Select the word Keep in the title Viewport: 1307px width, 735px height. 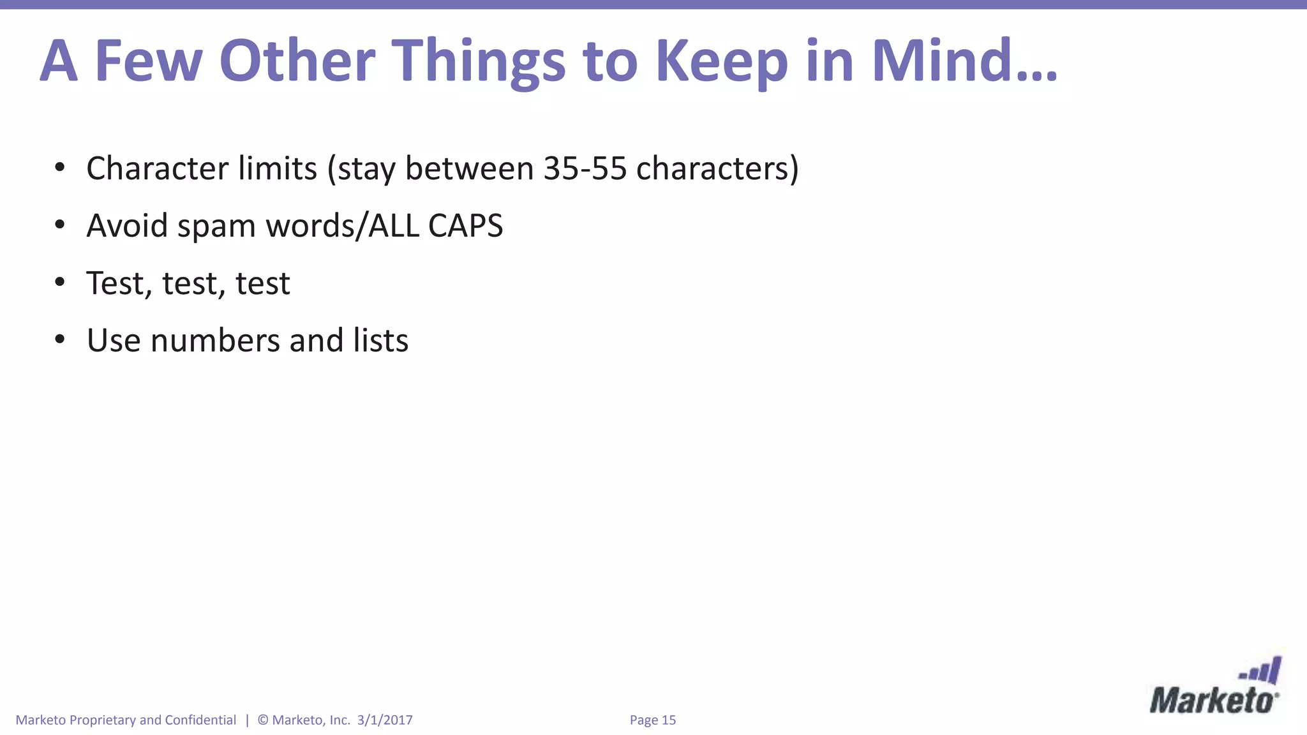pyautogui.click(x=721, y=62)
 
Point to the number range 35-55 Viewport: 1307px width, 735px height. pyautogui.click(x=585, y=168)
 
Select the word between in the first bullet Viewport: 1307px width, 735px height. pyautogui.click(x=469, y=168)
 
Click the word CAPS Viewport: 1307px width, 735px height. pyautogui.click(x=465, y=226)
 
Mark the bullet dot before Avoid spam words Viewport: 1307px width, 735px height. pyautogui.click(x=60, y=225)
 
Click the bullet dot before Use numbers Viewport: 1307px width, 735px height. pyautogui.click(x=60, y=339)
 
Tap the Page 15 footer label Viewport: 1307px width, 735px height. pyautogui.click(x=652, y=720)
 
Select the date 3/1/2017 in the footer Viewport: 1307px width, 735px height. pyautogui.click(x=385, y=720)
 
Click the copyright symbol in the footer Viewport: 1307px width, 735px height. pyautogui.click(x=262, y=720)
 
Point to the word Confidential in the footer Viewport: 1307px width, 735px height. pyautogui.click(x=200, y=720)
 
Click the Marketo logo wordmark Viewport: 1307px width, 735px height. pyautogui.click(x=1212, y=701)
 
